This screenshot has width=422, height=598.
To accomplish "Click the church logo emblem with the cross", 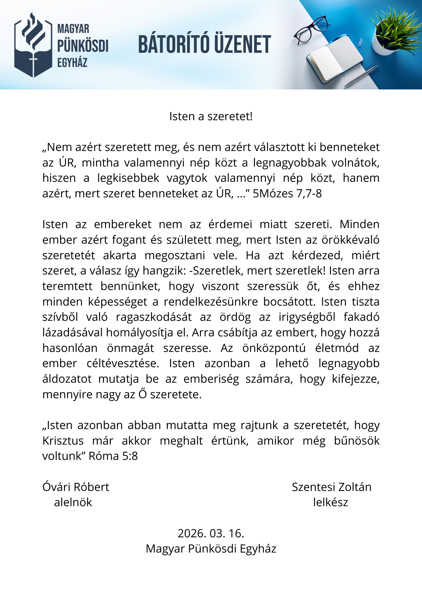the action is point(33,45).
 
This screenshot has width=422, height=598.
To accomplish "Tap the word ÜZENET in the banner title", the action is point(242,44).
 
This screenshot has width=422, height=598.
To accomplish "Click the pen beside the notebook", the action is point(361,76).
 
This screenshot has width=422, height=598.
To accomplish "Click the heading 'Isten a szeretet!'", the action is point(211,116).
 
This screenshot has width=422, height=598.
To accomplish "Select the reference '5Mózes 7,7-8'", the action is point(287,194).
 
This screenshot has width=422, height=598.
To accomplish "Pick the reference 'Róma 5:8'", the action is point(113,456).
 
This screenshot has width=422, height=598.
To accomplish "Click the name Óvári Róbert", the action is point(76,487).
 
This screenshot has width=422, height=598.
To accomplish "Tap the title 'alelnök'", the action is point(73,502).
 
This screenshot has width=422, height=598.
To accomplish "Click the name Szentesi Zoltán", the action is point(332,487).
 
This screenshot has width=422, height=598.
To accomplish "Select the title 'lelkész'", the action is point(330,502).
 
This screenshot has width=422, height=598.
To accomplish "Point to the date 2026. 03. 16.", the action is point(211,533).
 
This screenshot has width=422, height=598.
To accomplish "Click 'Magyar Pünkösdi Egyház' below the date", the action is point(211,549).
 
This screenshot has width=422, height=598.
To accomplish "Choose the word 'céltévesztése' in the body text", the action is point(123,364).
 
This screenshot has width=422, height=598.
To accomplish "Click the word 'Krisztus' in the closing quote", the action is point(63,441).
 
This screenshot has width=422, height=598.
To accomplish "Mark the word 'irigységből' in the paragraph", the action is point(307,317).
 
